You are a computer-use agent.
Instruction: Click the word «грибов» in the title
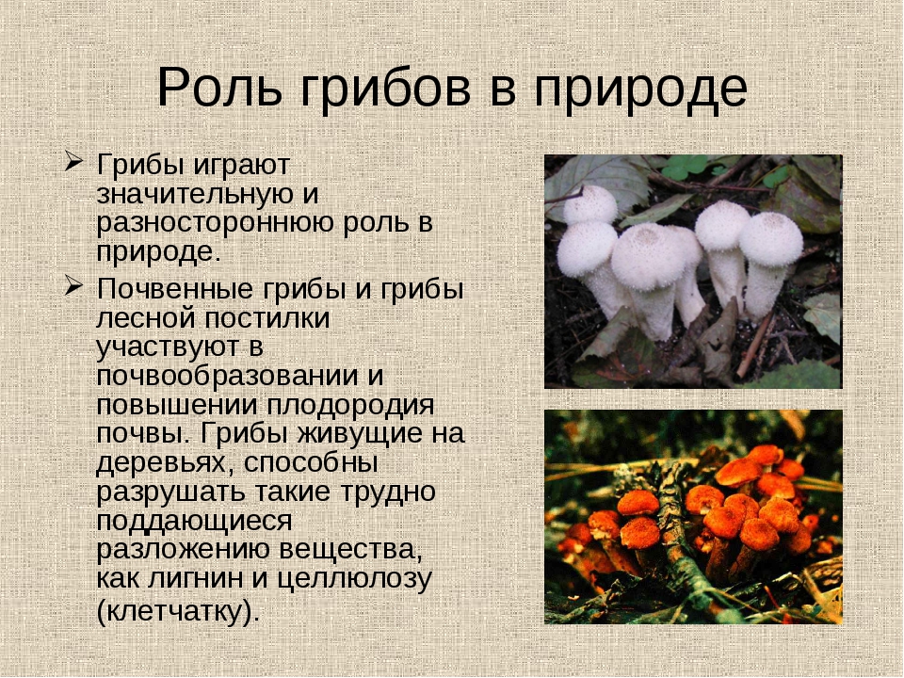tap(386, 89)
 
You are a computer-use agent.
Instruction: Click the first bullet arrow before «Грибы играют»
tap(73, 161)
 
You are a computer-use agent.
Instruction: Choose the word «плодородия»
tap(350, 405)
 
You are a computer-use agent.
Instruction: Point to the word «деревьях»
tap(164, 464)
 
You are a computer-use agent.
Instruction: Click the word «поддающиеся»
tap(194, 522)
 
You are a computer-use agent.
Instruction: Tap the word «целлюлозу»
tap(354, 579)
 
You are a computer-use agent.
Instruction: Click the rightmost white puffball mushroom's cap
tap(771, 238)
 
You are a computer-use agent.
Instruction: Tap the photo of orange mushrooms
tap(693, 517)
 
